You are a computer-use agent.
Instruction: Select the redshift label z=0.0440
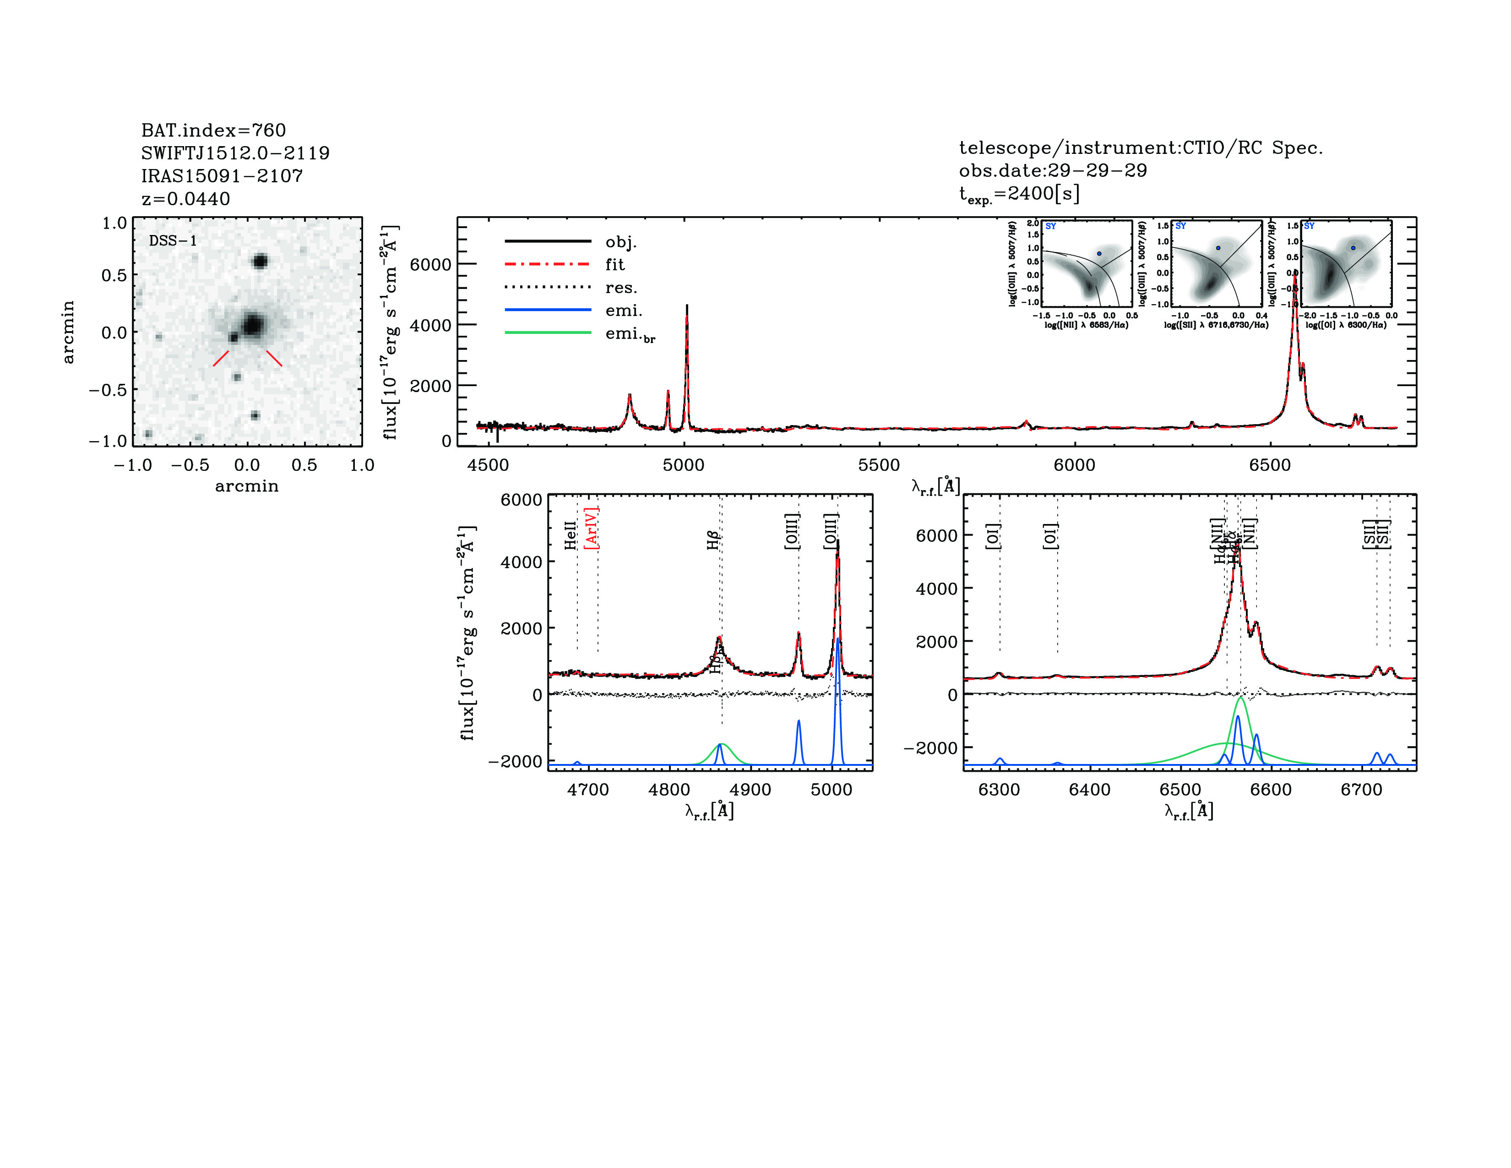[185, 199]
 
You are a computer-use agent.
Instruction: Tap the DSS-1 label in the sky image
[173, 241]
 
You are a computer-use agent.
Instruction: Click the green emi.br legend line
[548, 333]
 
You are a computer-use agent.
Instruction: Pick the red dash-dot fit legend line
[548, 264]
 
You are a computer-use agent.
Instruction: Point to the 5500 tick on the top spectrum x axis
[879, 465]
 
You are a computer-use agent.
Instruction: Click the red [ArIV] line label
[592, 528]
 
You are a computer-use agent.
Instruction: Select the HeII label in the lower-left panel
[570, 535]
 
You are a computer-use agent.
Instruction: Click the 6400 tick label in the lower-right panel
[1090, 790]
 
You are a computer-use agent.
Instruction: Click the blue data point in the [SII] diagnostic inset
[1218, 248]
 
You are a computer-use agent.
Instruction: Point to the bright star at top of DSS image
[260, 262]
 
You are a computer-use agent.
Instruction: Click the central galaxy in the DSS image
[253, 325]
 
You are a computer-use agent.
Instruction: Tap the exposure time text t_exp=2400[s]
[1019, 194]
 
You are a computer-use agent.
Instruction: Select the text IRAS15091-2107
[222, 176]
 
